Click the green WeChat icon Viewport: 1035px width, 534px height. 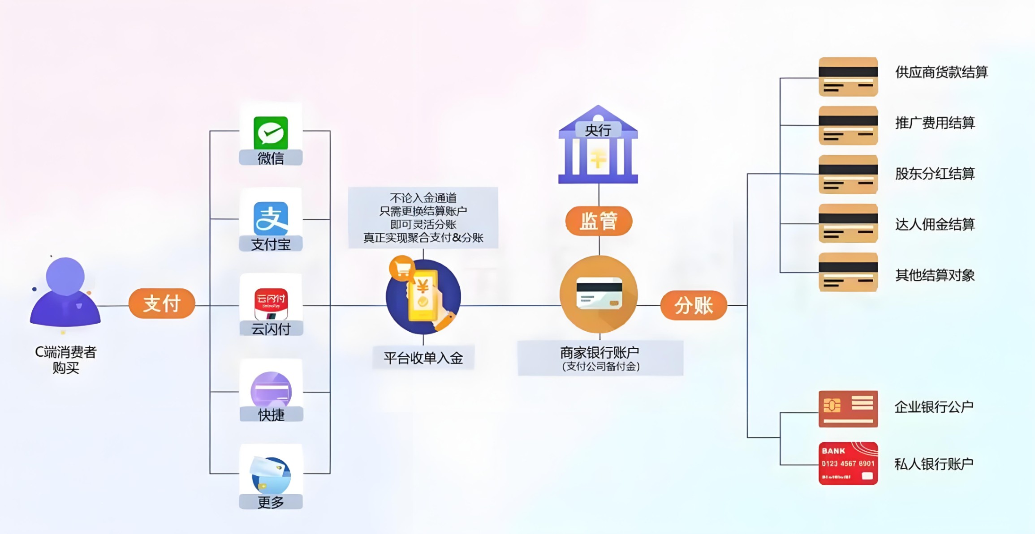click(271, 132)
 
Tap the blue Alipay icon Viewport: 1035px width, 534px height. click(271, 218)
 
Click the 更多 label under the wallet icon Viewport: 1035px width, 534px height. click(271, 502)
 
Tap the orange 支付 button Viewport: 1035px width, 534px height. click(162, 303)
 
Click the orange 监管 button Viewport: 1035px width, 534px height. click(599, 221)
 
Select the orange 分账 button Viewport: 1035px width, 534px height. click(694, 305)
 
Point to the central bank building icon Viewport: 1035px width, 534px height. click(598, 144)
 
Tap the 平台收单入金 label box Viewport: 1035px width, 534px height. click(423, 358)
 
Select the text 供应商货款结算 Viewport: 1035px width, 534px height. click(941, 72)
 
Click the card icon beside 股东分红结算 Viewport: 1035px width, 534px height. click(848, 175)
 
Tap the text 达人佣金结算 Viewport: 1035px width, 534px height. click(935, 224)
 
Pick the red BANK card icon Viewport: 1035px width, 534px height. click(848, 463)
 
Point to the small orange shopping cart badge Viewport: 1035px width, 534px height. click(402, 268)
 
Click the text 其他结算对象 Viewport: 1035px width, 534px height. click(935, 275)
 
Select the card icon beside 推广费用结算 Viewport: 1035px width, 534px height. click(848, 125)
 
